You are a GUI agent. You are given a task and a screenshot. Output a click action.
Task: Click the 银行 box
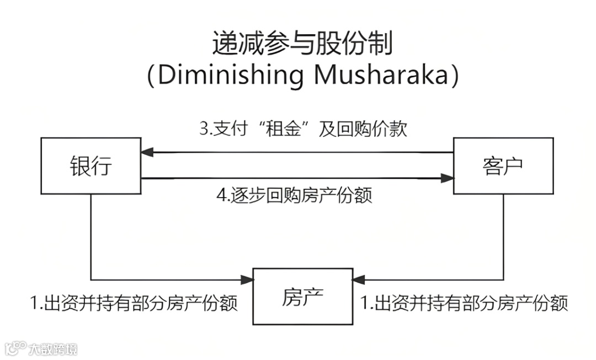91,166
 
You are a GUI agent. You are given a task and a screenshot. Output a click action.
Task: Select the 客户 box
503,166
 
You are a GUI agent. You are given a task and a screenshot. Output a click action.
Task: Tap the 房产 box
302,297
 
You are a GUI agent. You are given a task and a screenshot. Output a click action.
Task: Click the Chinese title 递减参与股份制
302,44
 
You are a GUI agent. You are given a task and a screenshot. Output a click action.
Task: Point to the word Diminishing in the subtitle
231,76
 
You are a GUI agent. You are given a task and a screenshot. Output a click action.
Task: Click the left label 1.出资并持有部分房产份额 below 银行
134,303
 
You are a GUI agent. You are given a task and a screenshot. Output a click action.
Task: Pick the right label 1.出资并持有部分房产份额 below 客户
464,303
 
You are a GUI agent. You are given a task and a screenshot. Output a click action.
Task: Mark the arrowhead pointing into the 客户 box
448,178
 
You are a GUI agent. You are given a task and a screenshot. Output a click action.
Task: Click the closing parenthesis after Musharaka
454,76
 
